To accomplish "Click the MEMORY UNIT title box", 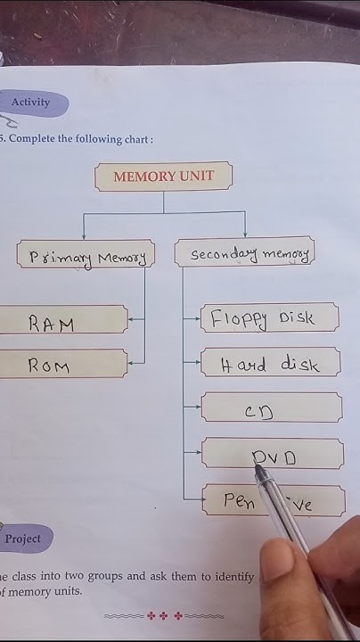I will point(163,177).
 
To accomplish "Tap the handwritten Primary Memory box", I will point(86,257).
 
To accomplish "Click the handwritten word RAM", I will point(52,324).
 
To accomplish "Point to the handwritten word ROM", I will point(49,366).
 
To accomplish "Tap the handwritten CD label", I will point(258,412).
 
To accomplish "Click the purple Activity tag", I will point(31,103).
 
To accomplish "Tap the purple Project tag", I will point(23,539).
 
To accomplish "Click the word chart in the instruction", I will point(136,140).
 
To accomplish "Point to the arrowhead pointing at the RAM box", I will point(132,318).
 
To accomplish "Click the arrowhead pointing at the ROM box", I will point(132,363).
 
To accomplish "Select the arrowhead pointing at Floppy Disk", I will point(198,317).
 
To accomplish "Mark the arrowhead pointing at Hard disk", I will point(198,362).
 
